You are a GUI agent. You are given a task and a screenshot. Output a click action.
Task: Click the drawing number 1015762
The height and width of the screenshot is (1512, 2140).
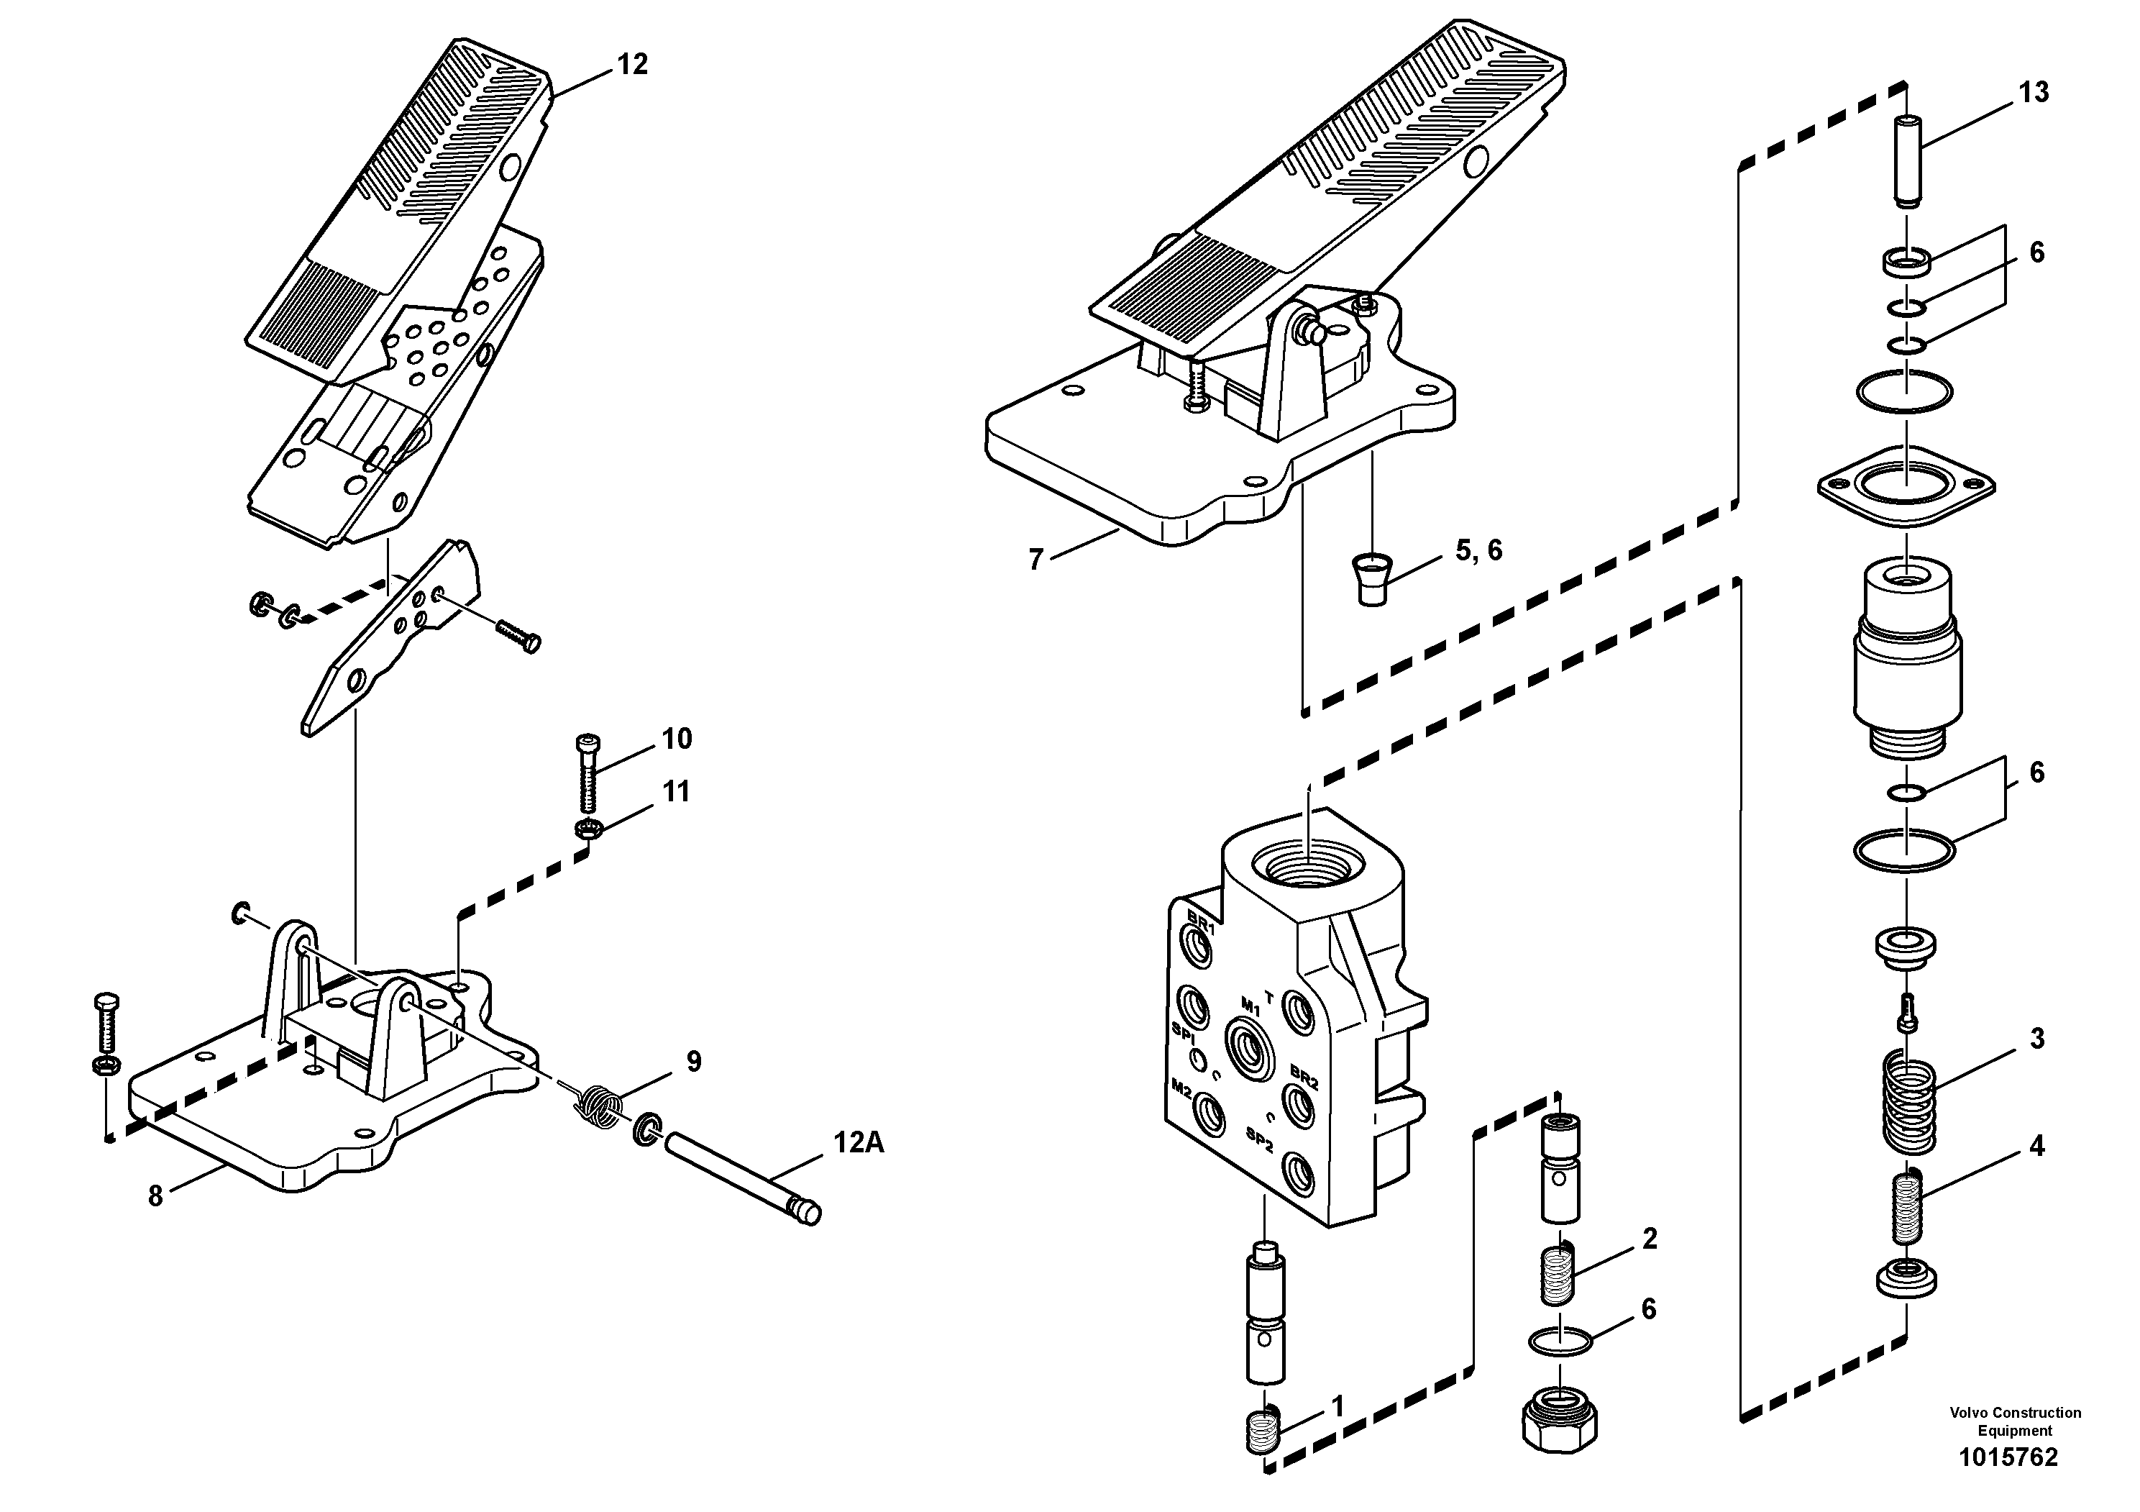[2008, 1457]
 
